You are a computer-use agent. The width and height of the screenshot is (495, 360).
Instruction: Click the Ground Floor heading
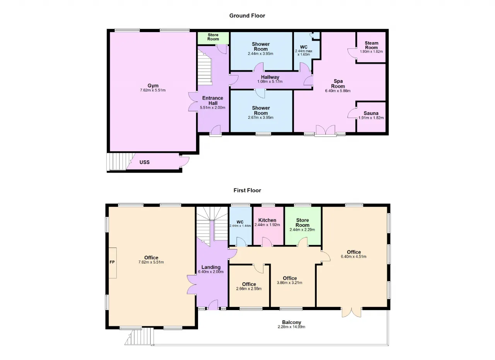tap(247, 16)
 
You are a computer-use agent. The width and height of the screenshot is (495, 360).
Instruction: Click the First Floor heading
tap(247, 190)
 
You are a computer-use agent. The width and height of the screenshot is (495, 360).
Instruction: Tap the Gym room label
tap(153, 86)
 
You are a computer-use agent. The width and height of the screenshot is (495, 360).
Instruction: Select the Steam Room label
tap(371, 45)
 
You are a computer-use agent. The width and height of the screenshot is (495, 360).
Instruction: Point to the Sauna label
tap(371, 113)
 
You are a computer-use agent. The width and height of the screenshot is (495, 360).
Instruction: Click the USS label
tap(145, 162)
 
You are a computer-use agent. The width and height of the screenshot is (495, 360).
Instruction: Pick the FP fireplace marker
tap(112, 262)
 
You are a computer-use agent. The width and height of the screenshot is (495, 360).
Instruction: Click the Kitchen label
tap(267, 220)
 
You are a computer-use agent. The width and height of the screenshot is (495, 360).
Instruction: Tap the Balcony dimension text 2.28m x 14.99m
tap(292, 327)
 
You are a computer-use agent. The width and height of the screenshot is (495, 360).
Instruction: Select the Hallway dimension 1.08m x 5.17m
tap(270, 82)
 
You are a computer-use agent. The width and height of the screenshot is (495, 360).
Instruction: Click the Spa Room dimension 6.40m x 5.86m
tap(338, 91)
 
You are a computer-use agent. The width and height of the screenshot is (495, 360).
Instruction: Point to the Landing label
tap(211, 267)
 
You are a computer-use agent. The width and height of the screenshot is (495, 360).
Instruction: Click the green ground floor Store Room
tap(213, 38)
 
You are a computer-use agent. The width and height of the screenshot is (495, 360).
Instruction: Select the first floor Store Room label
tap(302, 223)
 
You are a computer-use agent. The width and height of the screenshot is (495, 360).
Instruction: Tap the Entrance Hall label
tap(213, 101)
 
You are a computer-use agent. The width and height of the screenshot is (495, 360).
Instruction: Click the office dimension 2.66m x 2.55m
tap(249, 289)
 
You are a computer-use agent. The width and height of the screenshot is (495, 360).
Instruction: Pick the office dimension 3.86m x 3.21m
tap(290, 283)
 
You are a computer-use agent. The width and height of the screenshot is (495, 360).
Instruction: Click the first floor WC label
tap(240, 222)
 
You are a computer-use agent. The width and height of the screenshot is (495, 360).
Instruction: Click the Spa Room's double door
tap(326, 130)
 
